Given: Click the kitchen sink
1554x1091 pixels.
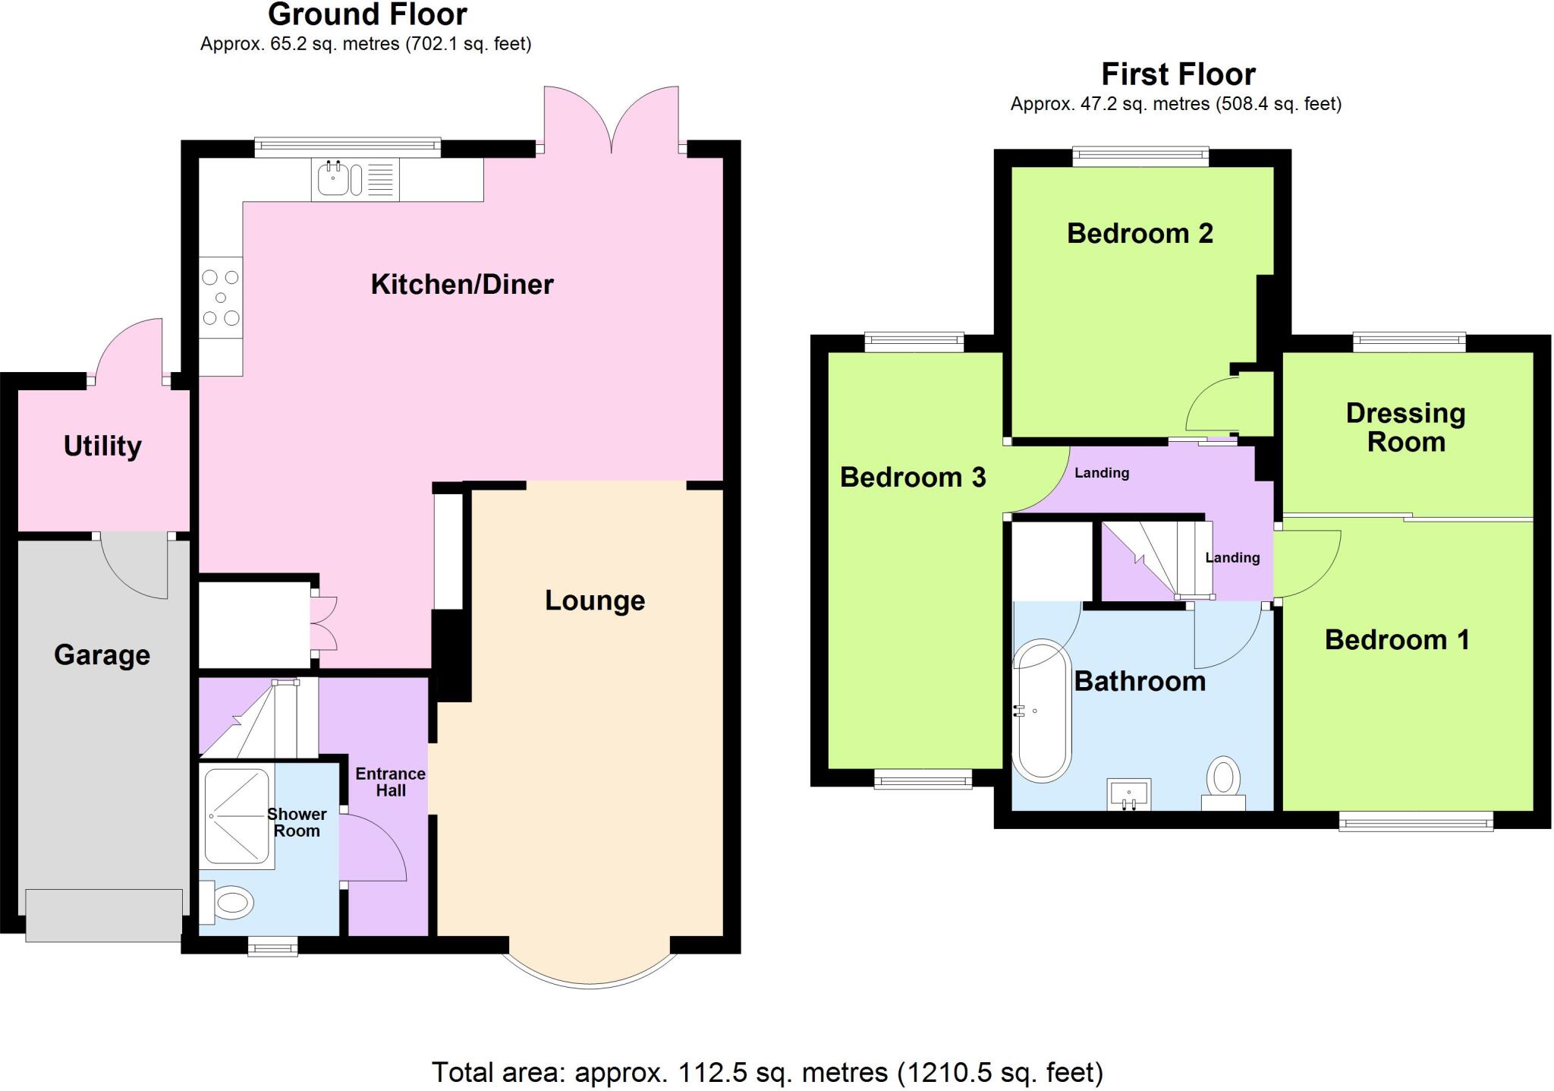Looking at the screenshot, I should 333,180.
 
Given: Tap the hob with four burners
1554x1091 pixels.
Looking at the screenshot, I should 221,298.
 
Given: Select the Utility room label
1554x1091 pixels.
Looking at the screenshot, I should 102,446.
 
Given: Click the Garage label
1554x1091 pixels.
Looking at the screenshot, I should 102,654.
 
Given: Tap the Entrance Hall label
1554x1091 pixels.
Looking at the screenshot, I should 391,782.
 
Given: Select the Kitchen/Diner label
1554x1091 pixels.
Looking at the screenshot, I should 462,285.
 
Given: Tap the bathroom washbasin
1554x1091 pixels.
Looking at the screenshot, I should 1129,794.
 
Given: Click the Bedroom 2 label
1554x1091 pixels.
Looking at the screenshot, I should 1140,233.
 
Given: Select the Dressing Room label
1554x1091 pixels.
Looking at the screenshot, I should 1405,427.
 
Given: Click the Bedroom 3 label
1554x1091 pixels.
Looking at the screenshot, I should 913,478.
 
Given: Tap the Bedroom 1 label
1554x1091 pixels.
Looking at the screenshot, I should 1397,640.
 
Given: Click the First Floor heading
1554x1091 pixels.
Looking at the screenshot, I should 1178,74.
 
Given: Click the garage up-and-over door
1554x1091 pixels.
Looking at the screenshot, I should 104,916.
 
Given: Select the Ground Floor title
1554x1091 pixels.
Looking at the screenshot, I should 367,14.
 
